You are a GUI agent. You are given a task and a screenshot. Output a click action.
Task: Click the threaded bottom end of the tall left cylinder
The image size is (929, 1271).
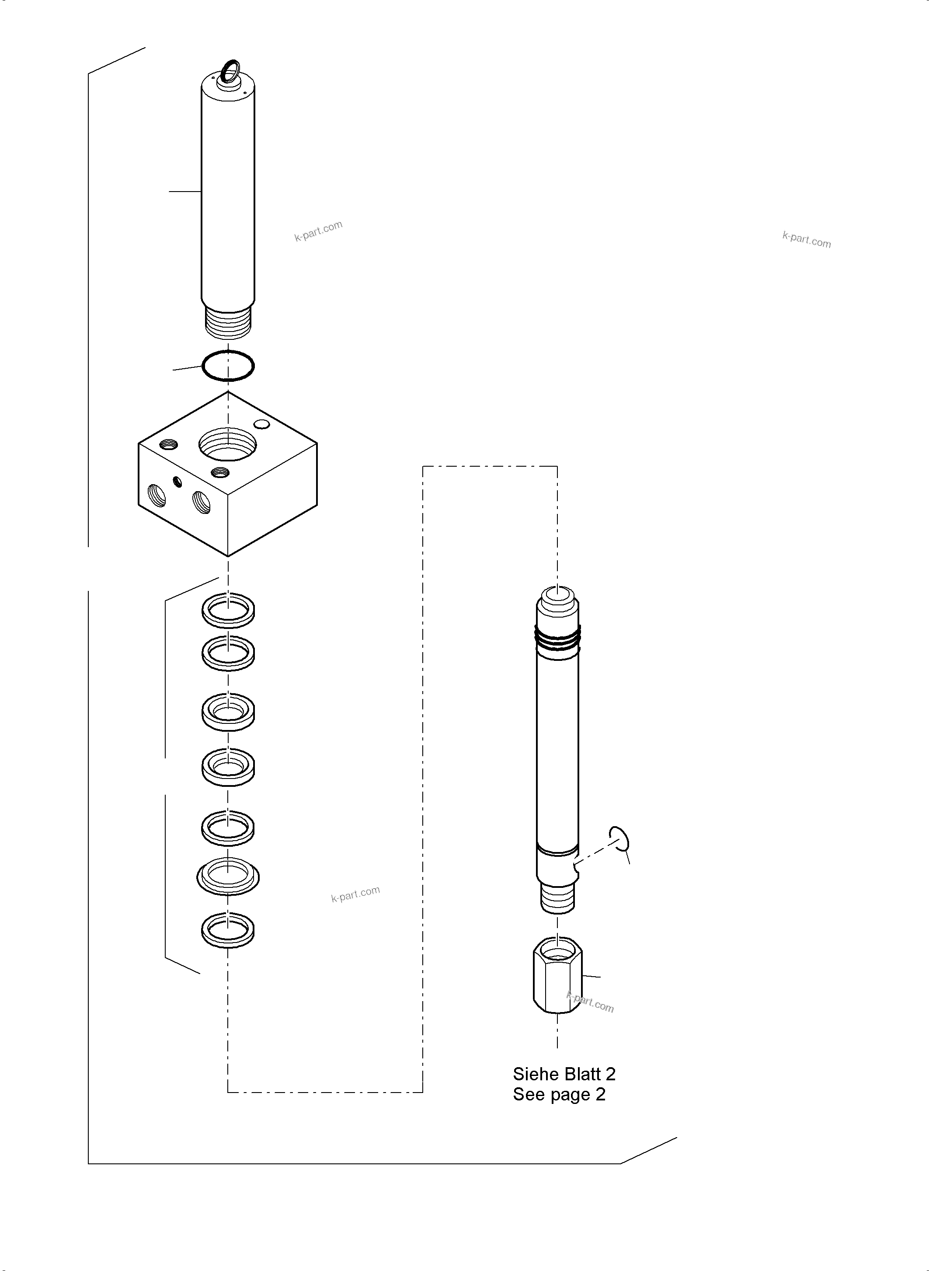tap(228, 322)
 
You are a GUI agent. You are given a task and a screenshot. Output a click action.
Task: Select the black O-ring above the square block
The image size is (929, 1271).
tap(228, 366)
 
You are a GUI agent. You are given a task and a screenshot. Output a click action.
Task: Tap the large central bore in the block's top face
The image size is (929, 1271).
tap(228, 443)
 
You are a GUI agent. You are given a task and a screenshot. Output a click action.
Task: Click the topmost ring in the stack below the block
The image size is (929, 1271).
tap(228, 610)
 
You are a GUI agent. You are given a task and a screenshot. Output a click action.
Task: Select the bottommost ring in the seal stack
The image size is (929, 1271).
tap(228, 929)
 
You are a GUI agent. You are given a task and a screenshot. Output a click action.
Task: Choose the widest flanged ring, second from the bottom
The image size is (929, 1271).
tap(228, 876)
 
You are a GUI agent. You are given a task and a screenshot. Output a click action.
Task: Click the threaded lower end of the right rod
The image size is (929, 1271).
tap(557, 897)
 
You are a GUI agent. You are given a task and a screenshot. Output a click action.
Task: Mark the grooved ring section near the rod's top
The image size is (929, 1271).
tap(557, 640)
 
